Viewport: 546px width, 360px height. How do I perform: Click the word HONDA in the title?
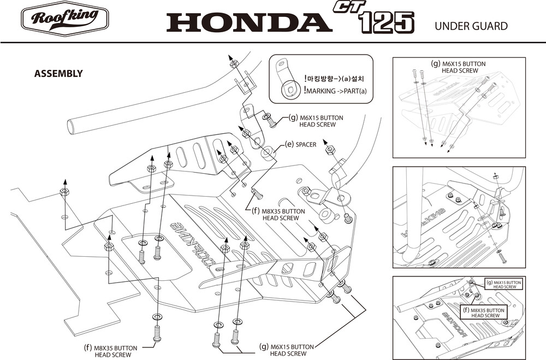248,21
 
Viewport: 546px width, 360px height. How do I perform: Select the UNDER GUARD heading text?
471,26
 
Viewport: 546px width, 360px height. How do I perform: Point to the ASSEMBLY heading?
58,73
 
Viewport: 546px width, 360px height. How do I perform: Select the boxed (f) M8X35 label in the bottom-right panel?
485,312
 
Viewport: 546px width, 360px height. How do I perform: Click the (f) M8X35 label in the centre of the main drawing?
281,214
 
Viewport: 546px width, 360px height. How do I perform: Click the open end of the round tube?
72,127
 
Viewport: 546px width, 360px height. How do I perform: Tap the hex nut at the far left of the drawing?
64,192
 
